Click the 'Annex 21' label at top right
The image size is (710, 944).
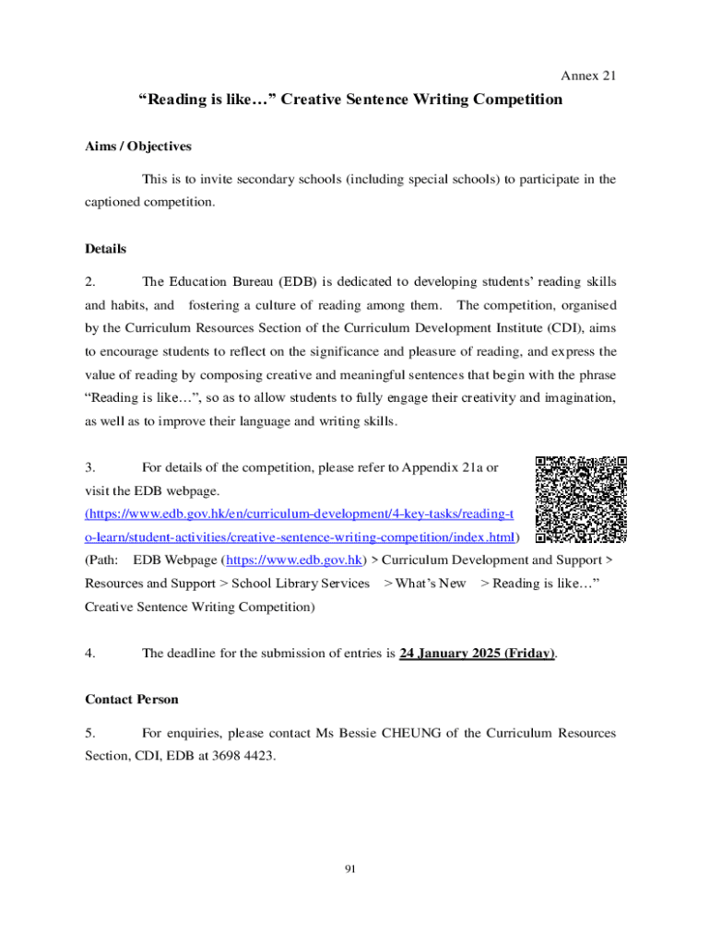(588, 76)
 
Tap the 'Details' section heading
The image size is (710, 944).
(105, 249)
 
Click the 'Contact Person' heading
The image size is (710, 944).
(132, 700)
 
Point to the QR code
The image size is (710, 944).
(581, 499)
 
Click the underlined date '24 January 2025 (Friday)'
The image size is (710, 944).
(477, 654)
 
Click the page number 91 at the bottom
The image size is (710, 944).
(349, 868)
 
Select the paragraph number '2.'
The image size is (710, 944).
(90, 281)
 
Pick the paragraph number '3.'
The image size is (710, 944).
(90, 468)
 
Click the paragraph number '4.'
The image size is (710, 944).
(90, 654)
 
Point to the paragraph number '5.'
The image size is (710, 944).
(90, 734)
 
